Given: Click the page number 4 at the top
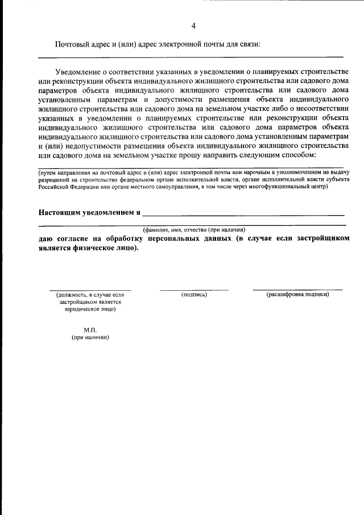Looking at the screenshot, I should pos(193,26).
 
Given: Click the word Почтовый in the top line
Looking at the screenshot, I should pos(72,44).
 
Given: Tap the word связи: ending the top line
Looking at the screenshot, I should pos(248,44).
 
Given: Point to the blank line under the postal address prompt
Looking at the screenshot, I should pos(191,57).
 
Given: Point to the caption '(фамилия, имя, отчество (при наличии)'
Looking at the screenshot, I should pos(194,229).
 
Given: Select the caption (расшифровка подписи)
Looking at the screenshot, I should pos(297,295).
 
